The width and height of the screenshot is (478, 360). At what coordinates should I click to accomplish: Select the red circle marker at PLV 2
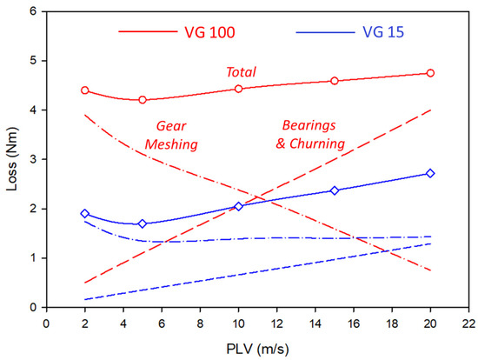click(85, 90)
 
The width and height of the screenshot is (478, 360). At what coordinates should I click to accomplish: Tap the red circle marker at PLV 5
click(143, 100)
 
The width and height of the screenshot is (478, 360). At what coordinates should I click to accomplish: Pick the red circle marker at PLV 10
click(238, 89)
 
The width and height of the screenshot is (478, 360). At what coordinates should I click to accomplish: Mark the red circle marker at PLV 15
click(335, 81)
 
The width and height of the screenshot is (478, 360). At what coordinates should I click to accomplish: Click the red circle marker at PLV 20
click(430, 73)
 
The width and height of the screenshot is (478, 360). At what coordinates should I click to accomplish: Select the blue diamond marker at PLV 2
click(85, 214)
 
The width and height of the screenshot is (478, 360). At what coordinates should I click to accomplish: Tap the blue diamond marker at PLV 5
click(143, 223)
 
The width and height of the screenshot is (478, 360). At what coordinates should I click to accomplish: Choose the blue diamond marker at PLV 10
click(238, 206)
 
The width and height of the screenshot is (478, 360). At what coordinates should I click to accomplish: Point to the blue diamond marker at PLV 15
click(335, 190)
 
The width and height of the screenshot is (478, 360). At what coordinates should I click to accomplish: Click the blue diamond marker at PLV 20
click(430, 174)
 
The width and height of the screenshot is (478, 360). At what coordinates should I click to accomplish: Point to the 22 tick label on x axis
click(468, 321)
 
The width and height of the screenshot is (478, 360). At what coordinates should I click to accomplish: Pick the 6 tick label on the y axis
click(33, 12)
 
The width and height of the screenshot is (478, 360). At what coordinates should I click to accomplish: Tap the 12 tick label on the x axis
click(276, 321)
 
